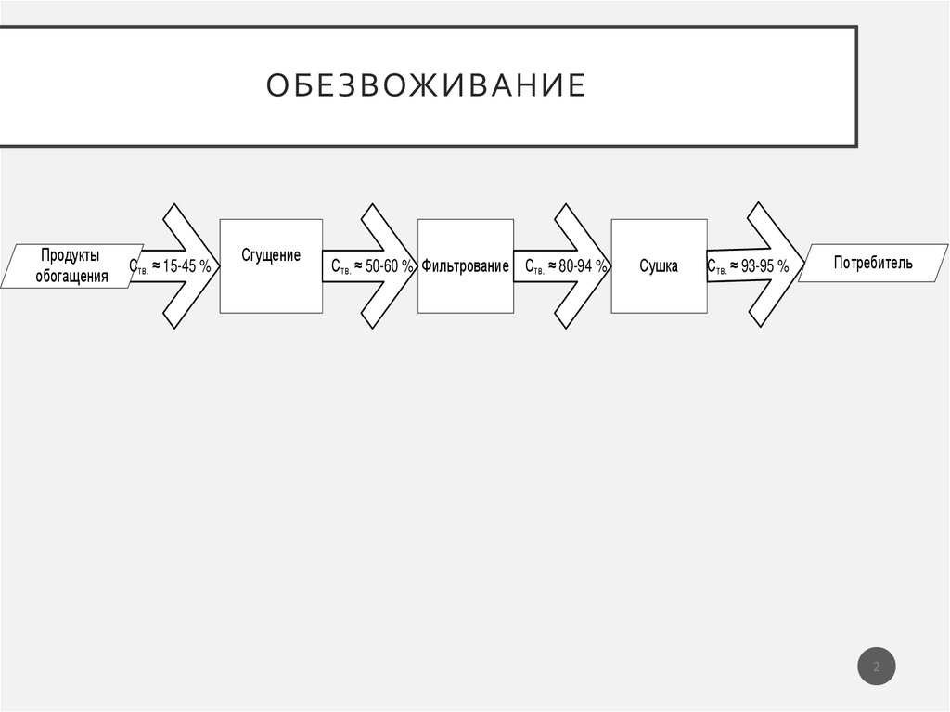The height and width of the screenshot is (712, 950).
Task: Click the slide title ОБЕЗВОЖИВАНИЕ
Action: (x=426, y=85)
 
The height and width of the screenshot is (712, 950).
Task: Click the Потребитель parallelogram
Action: (x=873, y=263)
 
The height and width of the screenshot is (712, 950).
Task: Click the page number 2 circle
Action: (x=877, y=666)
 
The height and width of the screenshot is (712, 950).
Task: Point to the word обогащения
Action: (x=71, y=276)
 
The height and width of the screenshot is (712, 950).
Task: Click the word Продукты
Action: (x=70, y=255)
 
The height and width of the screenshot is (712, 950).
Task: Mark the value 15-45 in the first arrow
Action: (x=179, y=267)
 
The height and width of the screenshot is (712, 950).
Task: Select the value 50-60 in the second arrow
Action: (x=381, y=267)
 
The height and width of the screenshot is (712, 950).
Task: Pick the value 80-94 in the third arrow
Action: (x=575, y=267)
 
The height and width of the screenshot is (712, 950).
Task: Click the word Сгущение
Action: (x=271, y=255)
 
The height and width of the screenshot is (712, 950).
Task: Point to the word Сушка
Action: (x=659, y=266)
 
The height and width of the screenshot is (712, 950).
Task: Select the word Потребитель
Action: (x=873, y=263)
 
